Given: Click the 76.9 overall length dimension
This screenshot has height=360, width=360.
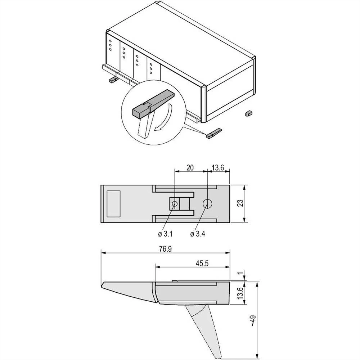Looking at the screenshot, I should [x=166, y=249].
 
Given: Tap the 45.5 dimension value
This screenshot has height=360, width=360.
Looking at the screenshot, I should [x=202, y=263].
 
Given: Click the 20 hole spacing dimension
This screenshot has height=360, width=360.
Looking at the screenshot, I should [x=190, y=167].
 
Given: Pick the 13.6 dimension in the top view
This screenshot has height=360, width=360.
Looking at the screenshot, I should [x=219, y=167].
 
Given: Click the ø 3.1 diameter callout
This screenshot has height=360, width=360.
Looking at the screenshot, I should [x=166, y=234].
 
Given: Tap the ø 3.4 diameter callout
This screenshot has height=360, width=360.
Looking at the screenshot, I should [x=198, y=234].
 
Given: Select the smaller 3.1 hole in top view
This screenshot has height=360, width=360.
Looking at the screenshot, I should [x=175, y=204].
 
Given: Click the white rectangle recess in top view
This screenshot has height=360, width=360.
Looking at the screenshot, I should [x=113, y=204].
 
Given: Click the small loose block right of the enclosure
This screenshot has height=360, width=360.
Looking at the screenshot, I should [x=248, y=113].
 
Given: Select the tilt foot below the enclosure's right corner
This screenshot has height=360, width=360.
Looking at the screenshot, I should [x=214, y=133].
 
